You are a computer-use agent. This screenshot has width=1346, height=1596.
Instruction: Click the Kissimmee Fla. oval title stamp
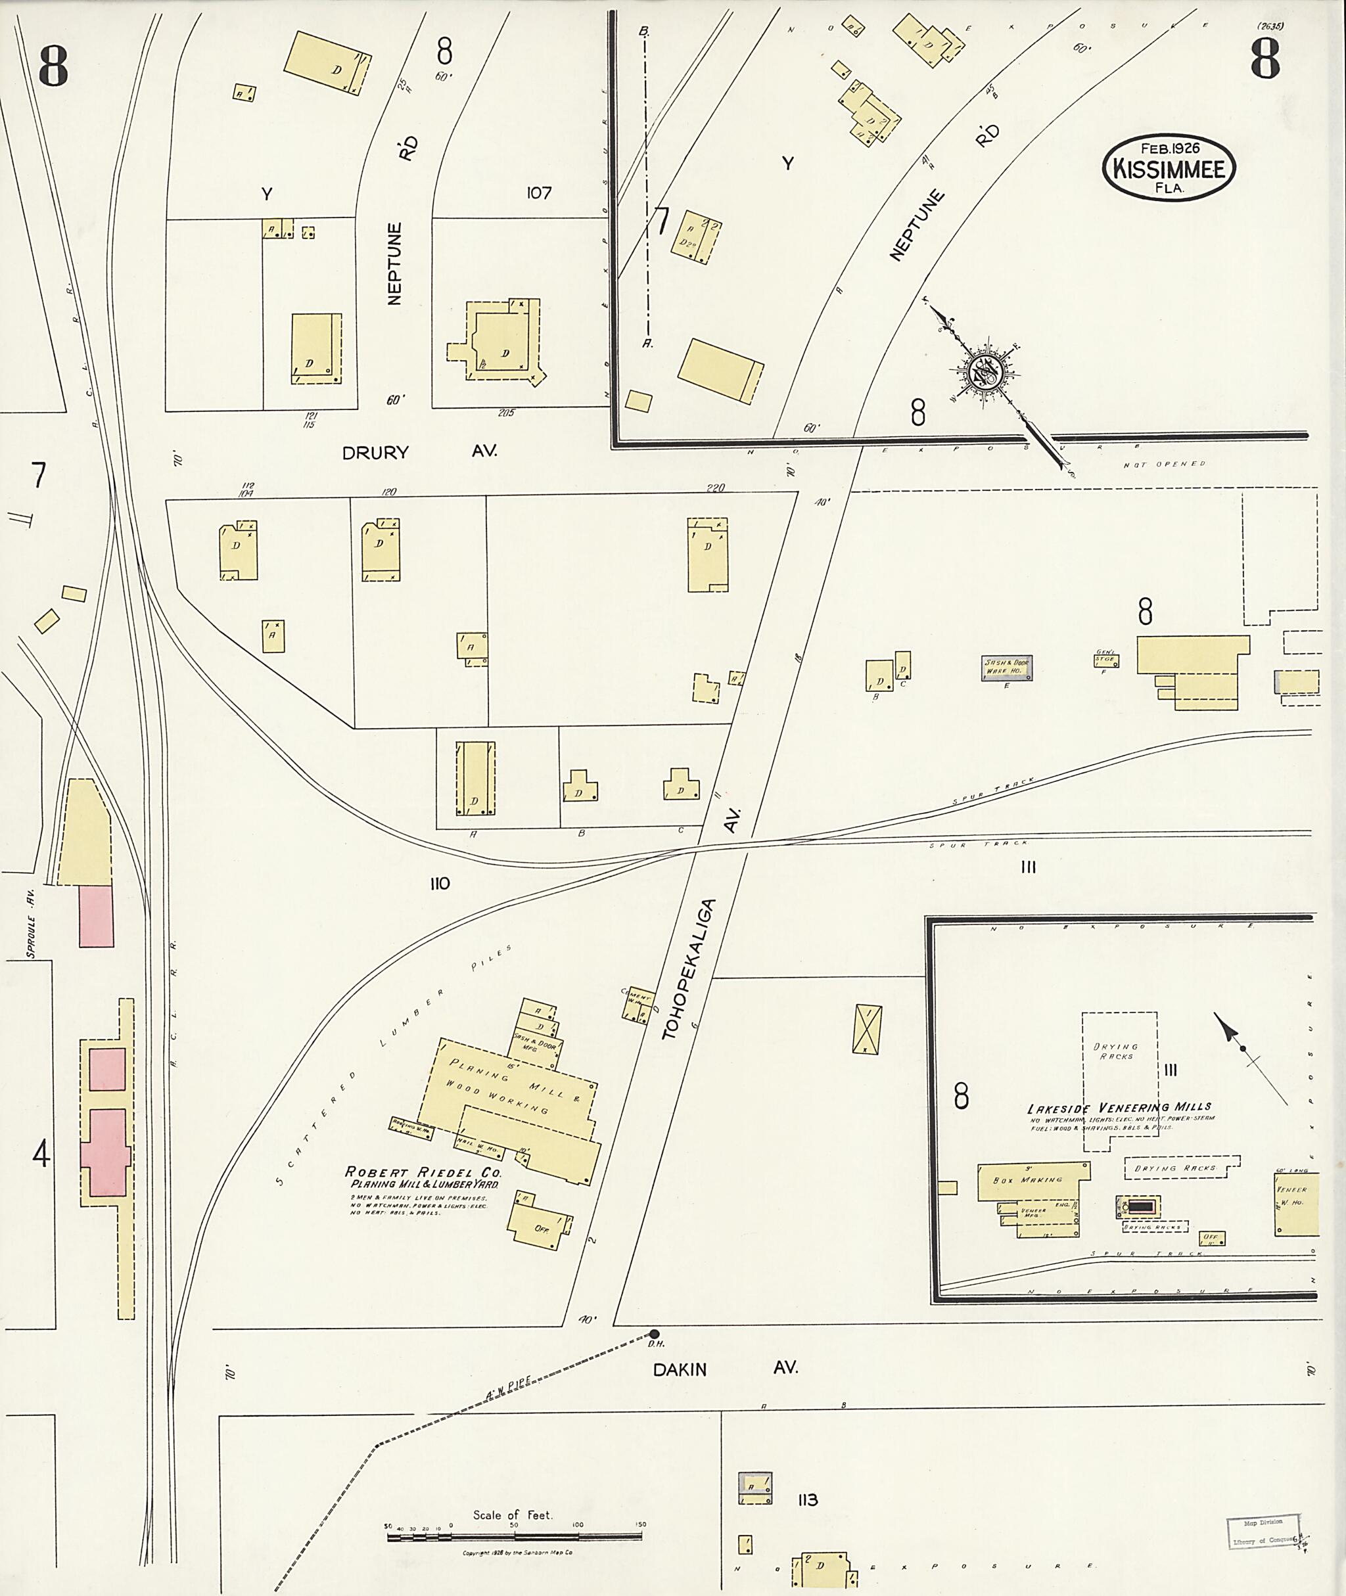[x=1168, y=169]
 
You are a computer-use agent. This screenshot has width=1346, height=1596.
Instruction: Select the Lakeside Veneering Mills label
[x=1119, y=1107]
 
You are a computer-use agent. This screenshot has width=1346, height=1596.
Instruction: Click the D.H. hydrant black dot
[x=654, y=1334]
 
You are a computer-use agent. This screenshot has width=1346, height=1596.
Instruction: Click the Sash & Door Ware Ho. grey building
[x=1006, y=668]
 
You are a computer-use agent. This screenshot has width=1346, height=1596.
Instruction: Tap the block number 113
[x=807, y=1500]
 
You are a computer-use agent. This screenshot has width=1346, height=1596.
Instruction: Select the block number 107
[x=539, y=193]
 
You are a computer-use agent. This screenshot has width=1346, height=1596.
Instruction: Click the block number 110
[x=440, y=884]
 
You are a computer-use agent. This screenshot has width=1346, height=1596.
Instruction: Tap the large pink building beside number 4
[x=108, y=1152]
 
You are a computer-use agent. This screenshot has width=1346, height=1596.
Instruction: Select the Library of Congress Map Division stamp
[x=1263, y=1511]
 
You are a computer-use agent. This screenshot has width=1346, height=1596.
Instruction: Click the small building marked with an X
[x=867, y=1029]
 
